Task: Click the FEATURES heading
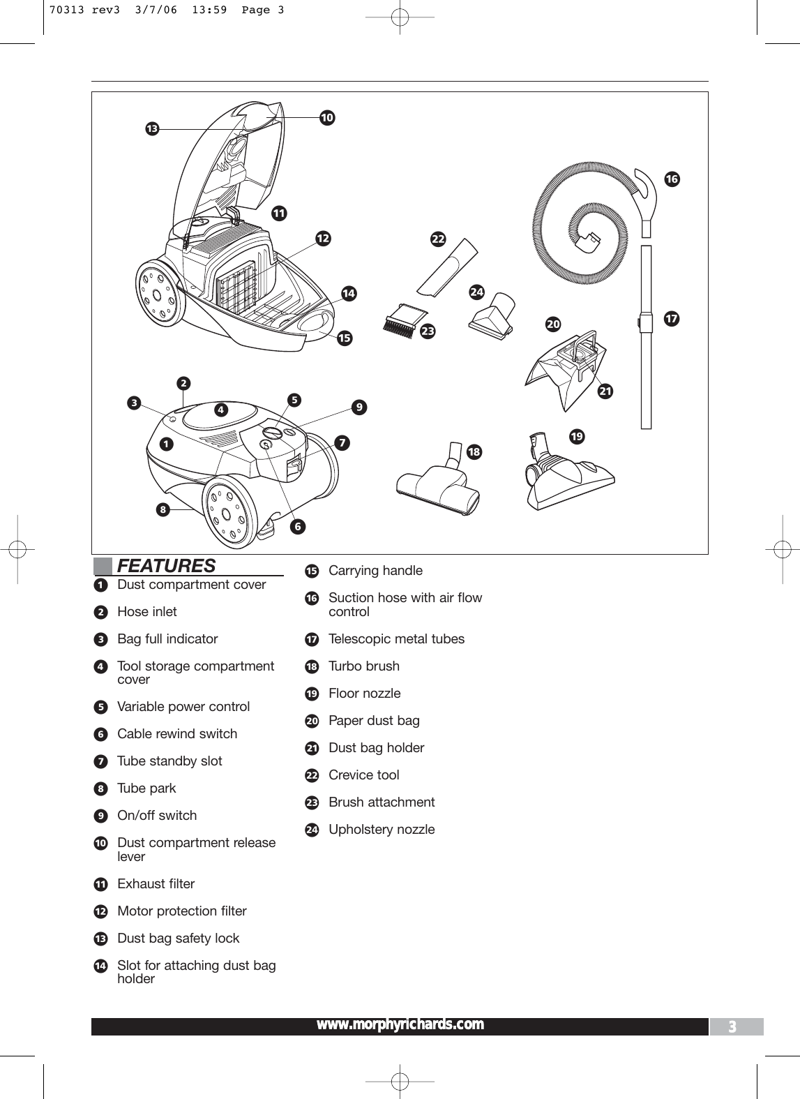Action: (166, 565)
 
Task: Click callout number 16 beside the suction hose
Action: (671, 179)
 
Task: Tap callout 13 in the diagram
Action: (151, 128)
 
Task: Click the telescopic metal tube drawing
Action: (647, 335)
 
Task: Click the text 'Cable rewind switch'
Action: (177, 733)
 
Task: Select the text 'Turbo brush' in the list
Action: (364, 666)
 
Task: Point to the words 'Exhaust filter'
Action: (156, 883)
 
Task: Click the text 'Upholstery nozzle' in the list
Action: (382, 829)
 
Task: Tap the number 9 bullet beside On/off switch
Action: (100, 816)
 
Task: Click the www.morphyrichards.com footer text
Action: (400, 1024)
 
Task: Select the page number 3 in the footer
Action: (732, 1026)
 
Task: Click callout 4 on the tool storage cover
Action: (221, 410)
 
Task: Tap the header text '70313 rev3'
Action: (76, 10)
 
